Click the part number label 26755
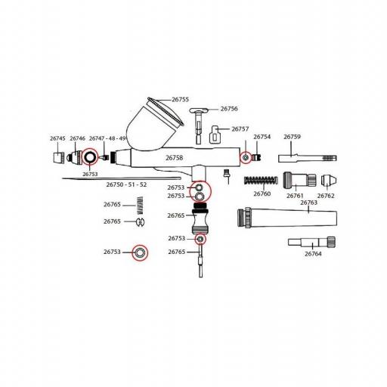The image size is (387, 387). coord(180,100)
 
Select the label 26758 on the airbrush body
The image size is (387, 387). coord(174,158)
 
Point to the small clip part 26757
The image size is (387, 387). coord(215,135)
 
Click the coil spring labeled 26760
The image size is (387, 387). coord(261,180)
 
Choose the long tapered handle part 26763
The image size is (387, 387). coord(287,218)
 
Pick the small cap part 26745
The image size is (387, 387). coord(60,157)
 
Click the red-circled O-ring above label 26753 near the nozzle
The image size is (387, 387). coord(90,156)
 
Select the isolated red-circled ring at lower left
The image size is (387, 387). coord(140,252)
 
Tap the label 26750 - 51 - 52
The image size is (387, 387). coord(126,184)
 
